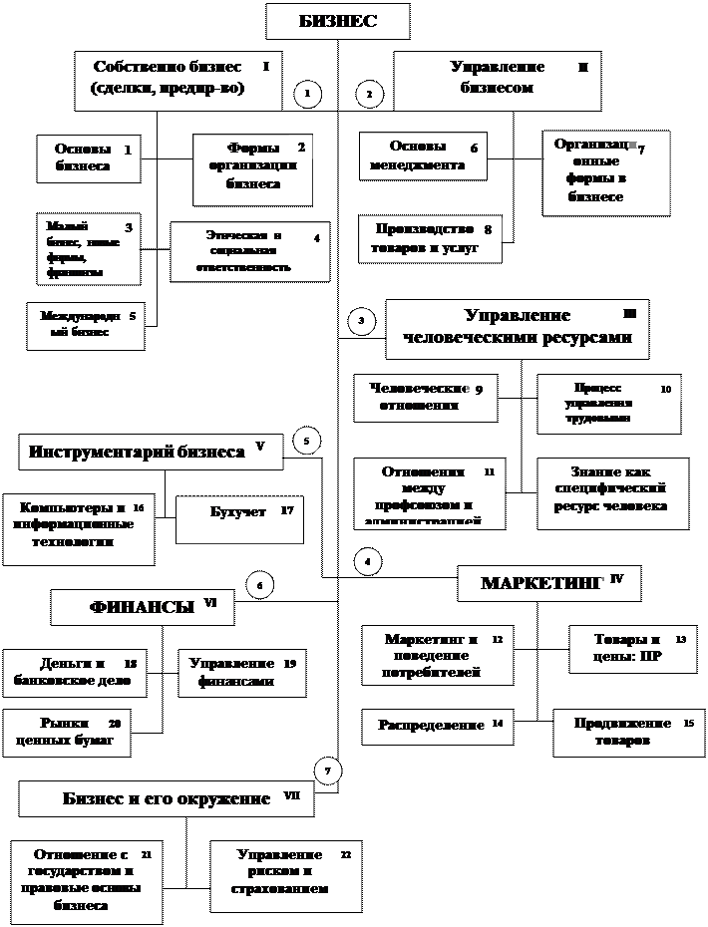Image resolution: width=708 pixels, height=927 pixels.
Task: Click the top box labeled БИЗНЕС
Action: click(x=337, y=22)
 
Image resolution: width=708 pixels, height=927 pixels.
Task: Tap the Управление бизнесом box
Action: click(x=498, y=79)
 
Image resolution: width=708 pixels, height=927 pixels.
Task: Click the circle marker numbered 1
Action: click(x=307, y=94)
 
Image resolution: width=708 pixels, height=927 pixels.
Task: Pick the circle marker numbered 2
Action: click(x=369, y=95)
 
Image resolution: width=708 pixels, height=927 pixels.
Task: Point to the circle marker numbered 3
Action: click(x=361, y=320)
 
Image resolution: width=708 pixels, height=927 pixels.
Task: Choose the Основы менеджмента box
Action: click(x=423, y=155)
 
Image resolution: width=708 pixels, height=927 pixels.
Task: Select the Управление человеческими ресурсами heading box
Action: click(x=517, y=327)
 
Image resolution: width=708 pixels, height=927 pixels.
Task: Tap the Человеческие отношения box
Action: click(x=425, y=397)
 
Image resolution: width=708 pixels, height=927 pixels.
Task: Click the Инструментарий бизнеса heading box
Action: click(x=150, y=452)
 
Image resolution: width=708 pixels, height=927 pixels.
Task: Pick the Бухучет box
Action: click(x=239, y=519)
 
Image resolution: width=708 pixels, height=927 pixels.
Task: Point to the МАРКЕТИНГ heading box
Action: click(x=548, y=583)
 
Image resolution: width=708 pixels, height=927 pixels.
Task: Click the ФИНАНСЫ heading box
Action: click(x=143, y=607)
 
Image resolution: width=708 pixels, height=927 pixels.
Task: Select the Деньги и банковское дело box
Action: click(x=75, y=673)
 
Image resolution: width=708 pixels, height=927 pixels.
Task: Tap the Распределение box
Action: click(x=437, y=727)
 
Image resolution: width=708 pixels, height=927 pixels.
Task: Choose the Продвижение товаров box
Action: click(x=622, y=733)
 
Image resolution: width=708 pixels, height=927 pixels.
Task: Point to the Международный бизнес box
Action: click(x=85, y=326)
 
